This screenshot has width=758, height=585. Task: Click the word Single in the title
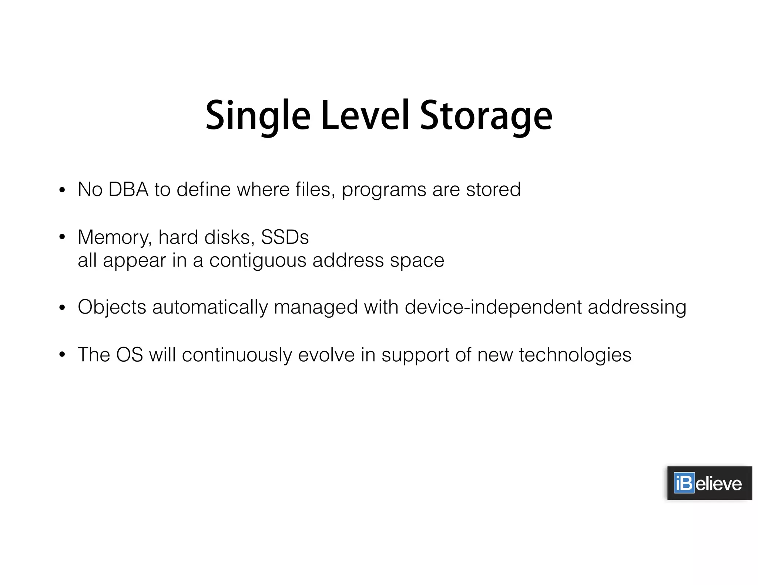pyautogui.click(x=258, y=116)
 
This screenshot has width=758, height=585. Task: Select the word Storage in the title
pyautogui.click(x=486, y=116)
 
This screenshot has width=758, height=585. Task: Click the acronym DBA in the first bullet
pyautogui.click(x=128, y=190)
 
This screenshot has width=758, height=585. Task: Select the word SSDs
pyautogui.click(x=285, y=237)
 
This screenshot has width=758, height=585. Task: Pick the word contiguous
pyautogui.click(x=258, y=261)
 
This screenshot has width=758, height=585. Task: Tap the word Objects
pyautogui.click(x=112, y=308)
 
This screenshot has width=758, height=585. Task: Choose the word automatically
pyautogui.click(x=210, y=308)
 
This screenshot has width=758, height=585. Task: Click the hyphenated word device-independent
pyautogui.click(x=493, y=308)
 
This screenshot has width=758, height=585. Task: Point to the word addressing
pyautogui.click(x=637, y=308)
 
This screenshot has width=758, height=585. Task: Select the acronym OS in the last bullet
pyautogui.click(x=130, y=355)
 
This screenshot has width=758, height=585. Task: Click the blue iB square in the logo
pyautogui.click(x=684, y=483)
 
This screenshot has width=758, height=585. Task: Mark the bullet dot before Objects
pyautogui.click(x=62, y=307)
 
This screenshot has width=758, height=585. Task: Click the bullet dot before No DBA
pyautogui.click(x=62, y=190)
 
